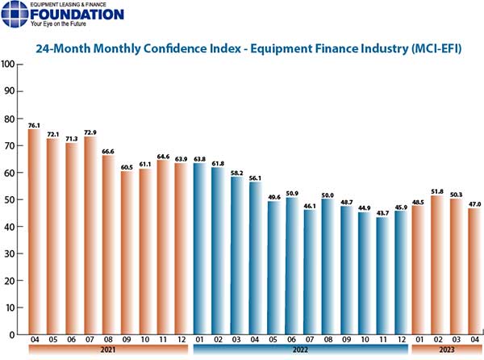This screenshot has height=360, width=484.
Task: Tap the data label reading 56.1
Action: click(256, 178)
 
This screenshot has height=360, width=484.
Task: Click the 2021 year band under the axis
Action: click(107, 351)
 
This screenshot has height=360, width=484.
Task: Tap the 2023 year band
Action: click(446, 351)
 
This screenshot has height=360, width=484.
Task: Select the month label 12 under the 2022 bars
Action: click(402, 341)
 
